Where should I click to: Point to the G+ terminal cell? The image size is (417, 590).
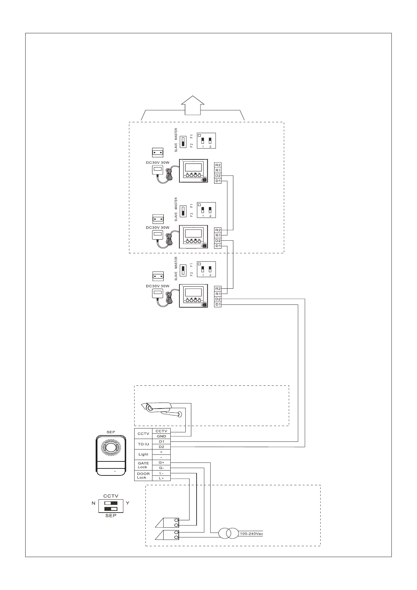coord(161,462)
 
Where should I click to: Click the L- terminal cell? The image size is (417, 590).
coord(161,473)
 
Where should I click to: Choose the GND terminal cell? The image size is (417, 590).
coord(161,436)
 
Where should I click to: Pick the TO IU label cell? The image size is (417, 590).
coord(143,444)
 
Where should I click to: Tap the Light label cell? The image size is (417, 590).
coord(143,454)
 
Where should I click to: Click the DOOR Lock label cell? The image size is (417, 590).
coord(143,475)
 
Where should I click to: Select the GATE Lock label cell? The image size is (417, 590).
coord(143,465)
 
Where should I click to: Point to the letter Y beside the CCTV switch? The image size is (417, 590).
coord(128,503)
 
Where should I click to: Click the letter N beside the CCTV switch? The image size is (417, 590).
coord(94,503)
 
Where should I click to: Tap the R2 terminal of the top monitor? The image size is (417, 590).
coord(218,165)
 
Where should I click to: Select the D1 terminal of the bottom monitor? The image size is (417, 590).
coord(218,304)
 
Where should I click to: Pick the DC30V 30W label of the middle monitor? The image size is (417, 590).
coord(157,227)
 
